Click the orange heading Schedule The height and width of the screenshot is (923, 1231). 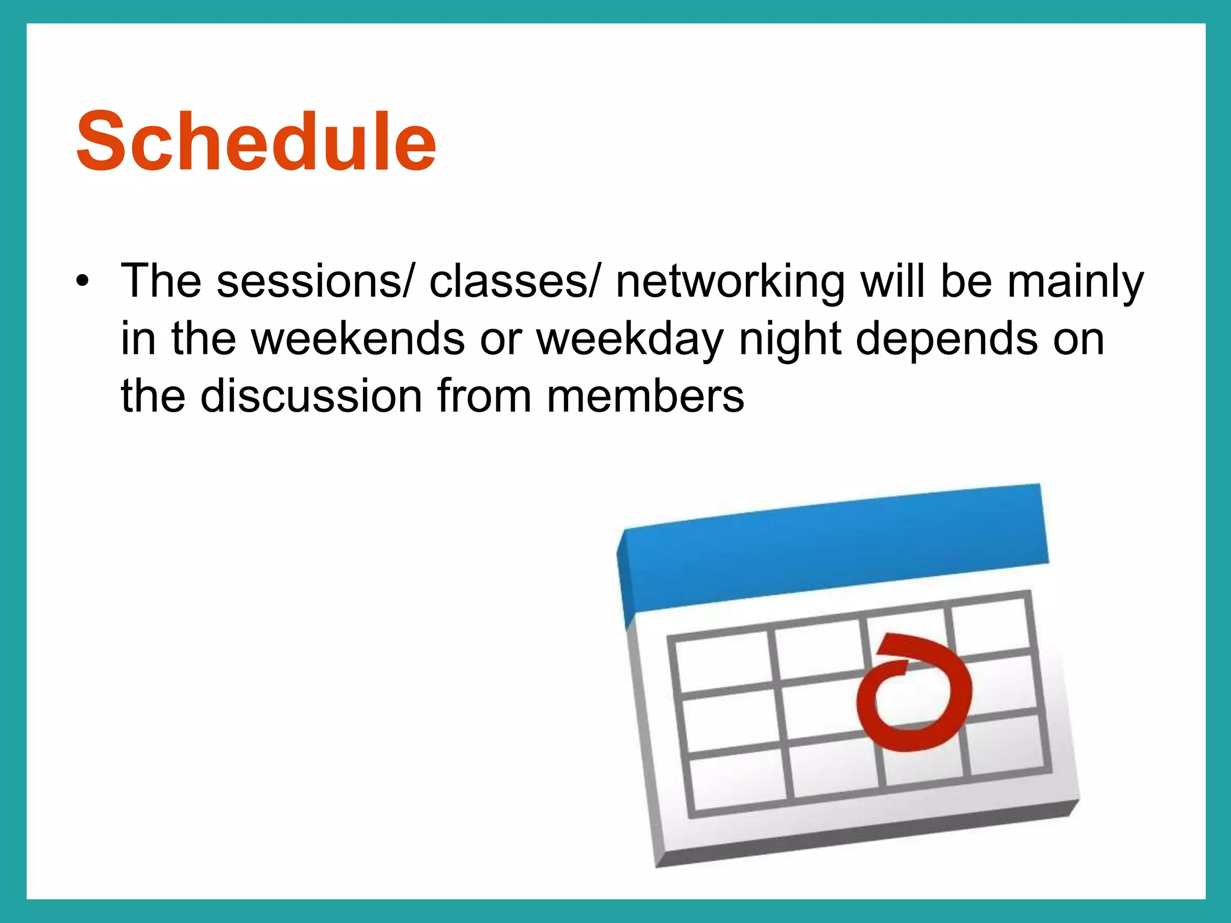255,142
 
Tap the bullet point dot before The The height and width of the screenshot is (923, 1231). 82,281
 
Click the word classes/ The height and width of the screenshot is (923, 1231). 513,281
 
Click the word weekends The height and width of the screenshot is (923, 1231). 358,338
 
